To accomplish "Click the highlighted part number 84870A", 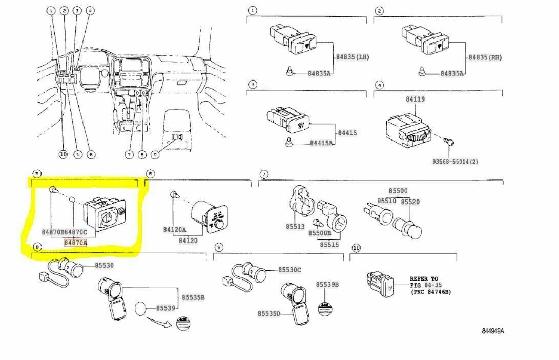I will [x=75, y=243].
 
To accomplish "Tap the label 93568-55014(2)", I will [x=455, y=162].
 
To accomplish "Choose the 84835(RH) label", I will [x=484, y=57].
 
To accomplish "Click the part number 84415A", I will [x=321, y=143].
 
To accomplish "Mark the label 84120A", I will [x=175, y=230].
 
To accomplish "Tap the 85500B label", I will [x=320, y=233].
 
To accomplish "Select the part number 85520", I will [x=410, y=202].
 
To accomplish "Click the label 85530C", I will [x=289, y=270].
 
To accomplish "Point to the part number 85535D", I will [x=269, y=313].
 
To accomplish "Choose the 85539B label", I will [x=327, y=284].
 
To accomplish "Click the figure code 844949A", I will [x=492, y=331].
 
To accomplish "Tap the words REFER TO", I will [x=424, y=279].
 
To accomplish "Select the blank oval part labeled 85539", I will [x=141, y=309].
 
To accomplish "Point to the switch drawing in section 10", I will [x=380, y=284].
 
